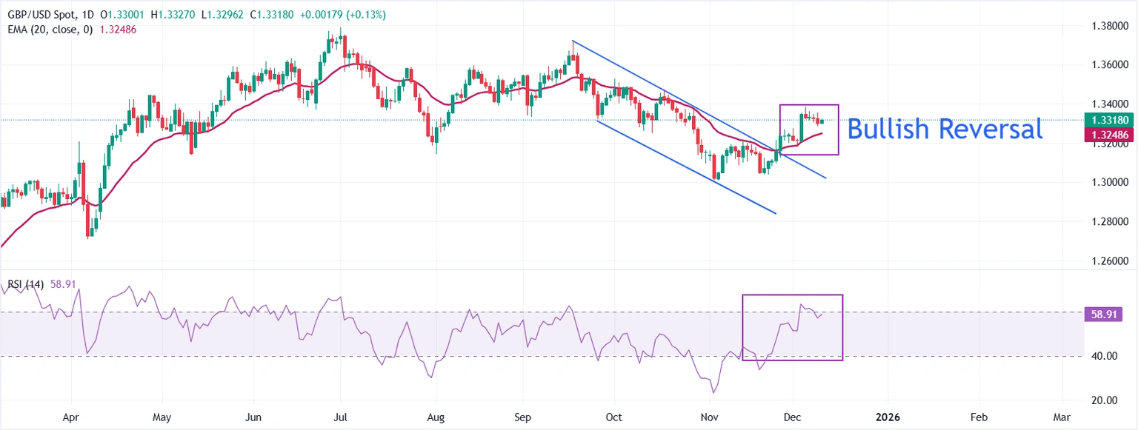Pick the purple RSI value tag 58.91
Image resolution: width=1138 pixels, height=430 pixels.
tap(1102, 315)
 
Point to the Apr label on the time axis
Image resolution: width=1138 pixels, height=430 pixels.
tap(70, 417)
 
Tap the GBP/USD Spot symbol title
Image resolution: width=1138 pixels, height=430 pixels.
tap(41, 15)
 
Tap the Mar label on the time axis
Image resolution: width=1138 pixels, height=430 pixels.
tap(1062, 417)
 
